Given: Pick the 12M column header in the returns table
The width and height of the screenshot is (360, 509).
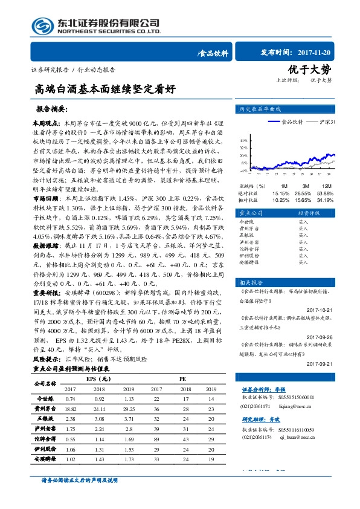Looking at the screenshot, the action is coord(326,186).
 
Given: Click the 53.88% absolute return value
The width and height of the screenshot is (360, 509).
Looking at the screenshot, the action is coord(326,192).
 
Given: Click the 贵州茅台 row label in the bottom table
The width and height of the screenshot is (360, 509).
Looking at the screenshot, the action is coord(47,409).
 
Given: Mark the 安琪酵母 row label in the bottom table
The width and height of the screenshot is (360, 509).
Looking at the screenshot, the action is coord(47,459).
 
